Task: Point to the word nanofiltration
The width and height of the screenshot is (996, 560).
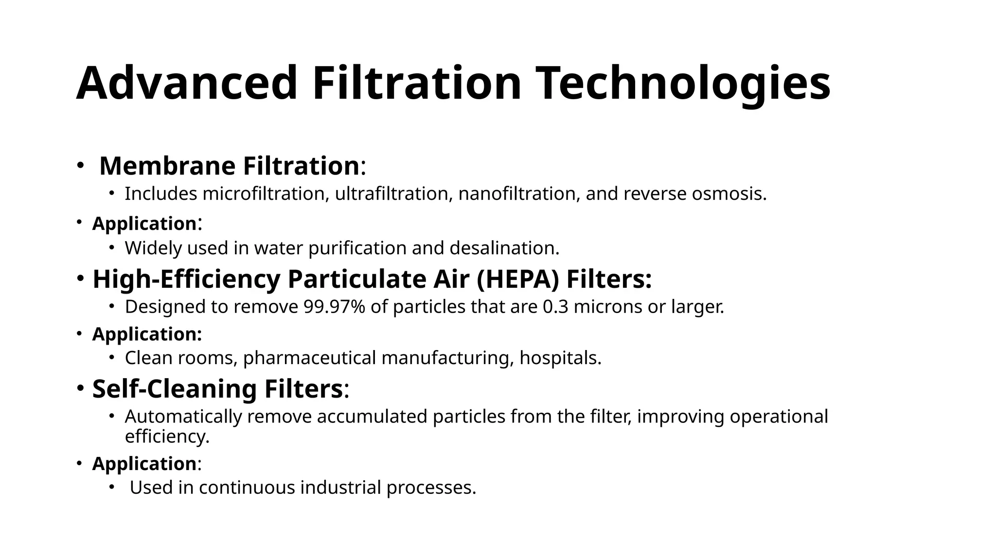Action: [x=519, y=194]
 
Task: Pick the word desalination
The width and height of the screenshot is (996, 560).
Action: [x=504, y=248]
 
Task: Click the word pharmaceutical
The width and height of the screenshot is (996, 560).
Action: [x=310, y=358]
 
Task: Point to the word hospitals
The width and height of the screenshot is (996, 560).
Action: [x=560, y=358]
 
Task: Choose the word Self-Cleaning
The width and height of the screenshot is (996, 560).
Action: [x=175, y=389]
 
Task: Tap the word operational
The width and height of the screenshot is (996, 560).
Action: [x=776, y=417]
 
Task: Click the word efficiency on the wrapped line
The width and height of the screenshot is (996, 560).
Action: [x=167, y=437]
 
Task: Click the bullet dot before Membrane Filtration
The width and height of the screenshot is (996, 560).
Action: [x=79, y=165]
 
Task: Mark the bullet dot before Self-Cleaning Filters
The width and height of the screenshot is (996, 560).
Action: [x=79, y=388]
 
